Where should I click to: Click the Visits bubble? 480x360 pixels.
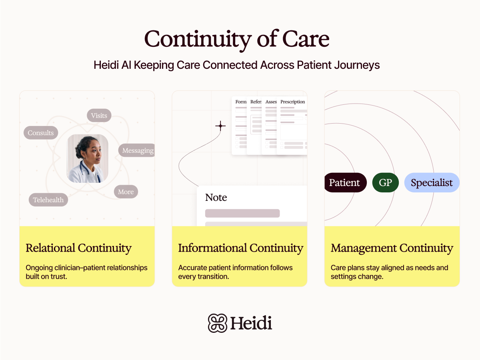(99, 116)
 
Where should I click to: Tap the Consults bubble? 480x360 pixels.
(41, 133)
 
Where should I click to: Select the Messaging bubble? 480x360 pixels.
(137, 150)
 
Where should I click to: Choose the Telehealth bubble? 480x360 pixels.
(48, 200)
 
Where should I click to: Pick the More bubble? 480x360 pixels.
(126, 192)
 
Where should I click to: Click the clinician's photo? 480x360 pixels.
(87, 158)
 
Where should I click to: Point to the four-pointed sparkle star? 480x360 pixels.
(220, 126)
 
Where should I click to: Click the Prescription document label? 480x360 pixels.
(292, 102)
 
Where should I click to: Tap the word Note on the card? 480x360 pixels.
(216, 198)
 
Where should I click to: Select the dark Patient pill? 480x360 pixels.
(344, 183)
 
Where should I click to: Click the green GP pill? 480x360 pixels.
(385, 183)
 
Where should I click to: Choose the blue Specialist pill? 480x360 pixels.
(432, 183)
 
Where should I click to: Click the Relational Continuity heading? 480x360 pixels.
(78, 248)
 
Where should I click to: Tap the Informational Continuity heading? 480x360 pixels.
(240, 248)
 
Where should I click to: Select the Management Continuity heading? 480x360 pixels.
(392, 248)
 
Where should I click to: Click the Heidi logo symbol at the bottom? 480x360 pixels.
(218, 323)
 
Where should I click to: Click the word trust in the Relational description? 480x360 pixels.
(59, 276)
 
